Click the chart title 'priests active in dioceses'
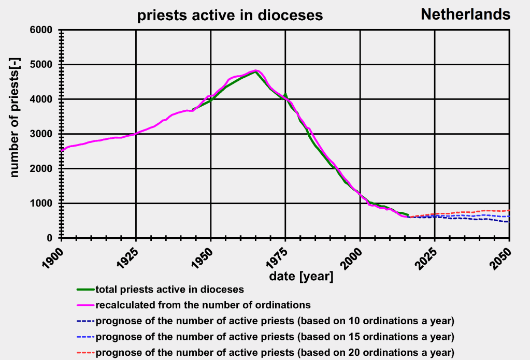tap(230, 16)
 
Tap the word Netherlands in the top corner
tap(465, 14)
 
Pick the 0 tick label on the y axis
tap(50, 238)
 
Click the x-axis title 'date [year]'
tap(301, 276)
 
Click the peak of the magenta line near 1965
tap(256, 70)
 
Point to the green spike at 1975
tap(285, 94)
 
